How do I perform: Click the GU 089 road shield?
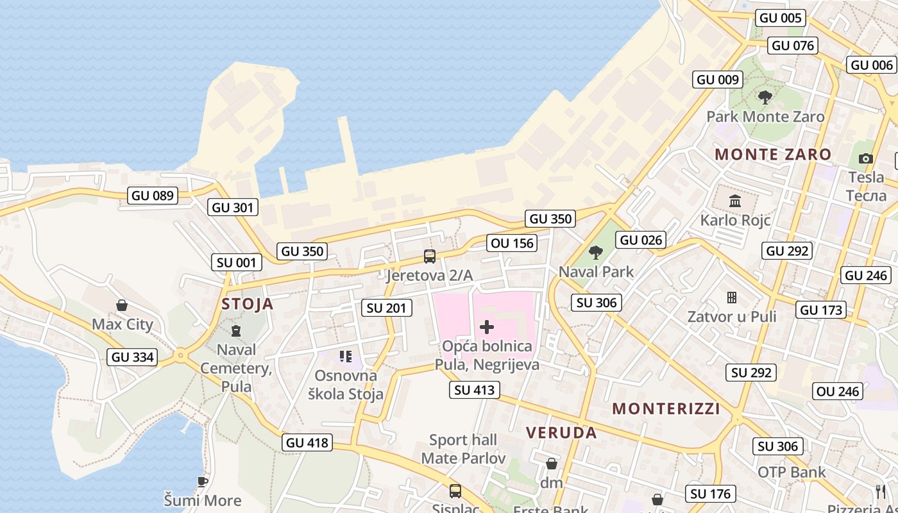click(x=152, y=196)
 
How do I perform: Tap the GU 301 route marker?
click(x=233, y=207)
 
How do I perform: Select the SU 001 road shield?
click(x=237, y=262)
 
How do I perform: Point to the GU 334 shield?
click(x=133, y=357)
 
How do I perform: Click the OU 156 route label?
click(x=512, y=243)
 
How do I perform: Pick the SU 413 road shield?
click(x=475, y=389)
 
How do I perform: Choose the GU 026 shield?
click(x=641, y=240)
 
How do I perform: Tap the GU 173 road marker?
click(x=822, y=310)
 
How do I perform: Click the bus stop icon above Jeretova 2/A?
click(x=430, y=256)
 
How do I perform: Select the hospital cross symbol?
click(x=487, y=327)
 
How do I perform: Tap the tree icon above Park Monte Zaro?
click(x=765, y=97)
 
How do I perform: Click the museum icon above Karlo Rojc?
click(x=735, y=201)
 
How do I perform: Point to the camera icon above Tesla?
click(x=866, y=158)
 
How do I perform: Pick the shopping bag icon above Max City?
click(x=122, y=305)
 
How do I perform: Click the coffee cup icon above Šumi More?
click(x=203, y=482)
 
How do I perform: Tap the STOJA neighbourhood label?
click(x=248, y=304)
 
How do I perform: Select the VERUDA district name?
click(x=561, y=433)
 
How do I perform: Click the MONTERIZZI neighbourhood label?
click(x=666, y=409)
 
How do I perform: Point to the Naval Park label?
click(x=596, y=272)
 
